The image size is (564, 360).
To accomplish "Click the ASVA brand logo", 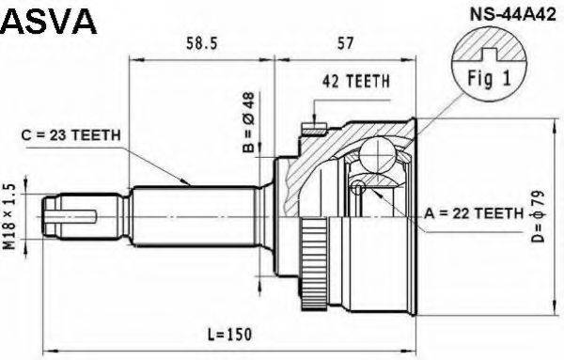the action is (49, 22).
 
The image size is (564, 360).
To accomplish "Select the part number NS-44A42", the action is (513, 15).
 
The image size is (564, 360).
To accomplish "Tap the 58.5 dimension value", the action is (202, 43).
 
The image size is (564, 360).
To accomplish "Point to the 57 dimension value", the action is (345, 43).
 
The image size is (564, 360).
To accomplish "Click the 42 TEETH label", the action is (356, 81).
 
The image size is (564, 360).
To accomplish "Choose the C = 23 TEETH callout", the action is (70, 135).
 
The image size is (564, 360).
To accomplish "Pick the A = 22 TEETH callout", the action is (474, 213).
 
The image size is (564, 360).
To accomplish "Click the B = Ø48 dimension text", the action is (249, 122).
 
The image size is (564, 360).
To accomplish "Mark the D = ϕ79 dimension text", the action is (539, 216).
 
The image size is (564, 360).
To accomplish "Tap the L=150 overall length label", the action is (230, 335).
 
